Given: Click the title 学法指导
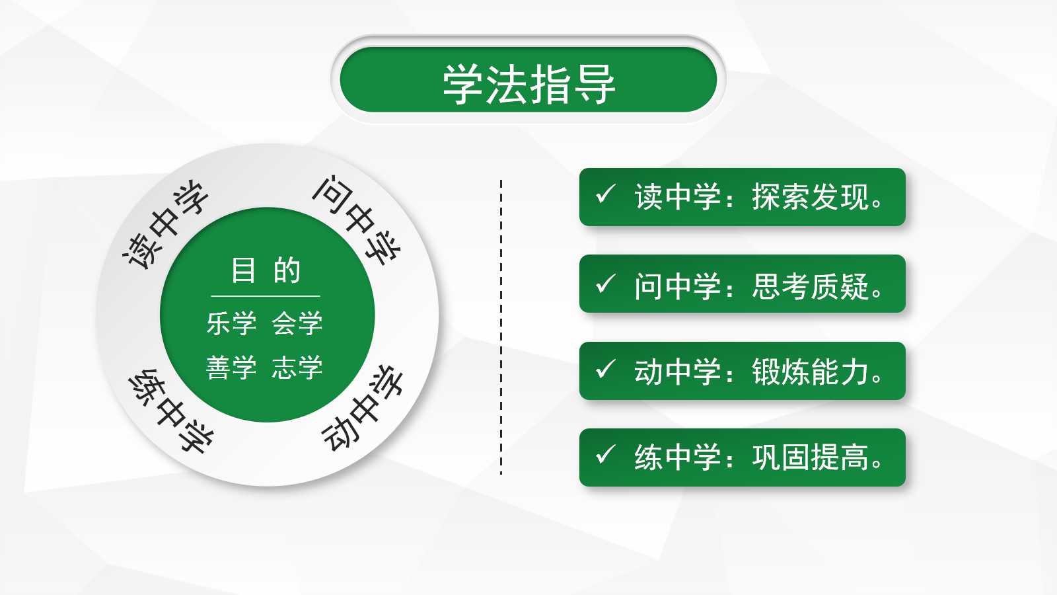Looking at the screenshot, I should tap(528, 84).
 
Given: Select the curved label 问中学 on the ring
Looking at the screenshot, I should tap(357, 220).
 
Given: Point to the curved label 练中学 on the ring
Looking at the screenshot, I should tap(171, 411).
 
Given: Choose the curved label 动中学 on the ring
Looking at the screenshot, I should tap(362, 408).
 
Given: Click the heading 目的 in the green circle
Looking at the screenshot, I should tap(266, 270).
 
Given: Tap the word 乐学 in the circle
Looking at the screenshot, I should tap(231, 323).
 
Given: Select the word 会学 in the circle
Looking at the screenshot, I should tap(297, 323).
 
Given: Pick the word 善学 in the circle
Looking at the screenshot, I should tap(231, 368).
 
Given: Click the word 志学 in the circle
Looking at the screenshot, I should tap(297, 368).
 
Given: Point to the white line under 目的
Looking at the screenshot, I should tap(266, 296).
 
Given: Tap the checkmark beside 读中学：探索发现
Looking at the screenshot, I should tap(605, 194).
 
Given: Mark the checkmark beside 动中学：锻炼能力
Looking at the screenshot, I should tap(605, 369).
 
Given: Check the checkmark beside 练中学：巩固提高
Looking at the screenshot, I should tap(605, 455).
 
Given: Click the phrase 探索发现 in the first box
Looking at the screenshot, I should tap(810, 197).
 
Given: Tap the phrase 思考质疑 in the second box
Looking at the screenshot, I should tap(810, 286).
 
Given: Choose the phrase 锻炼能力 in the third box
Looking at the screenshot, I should tap(810, 372).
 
